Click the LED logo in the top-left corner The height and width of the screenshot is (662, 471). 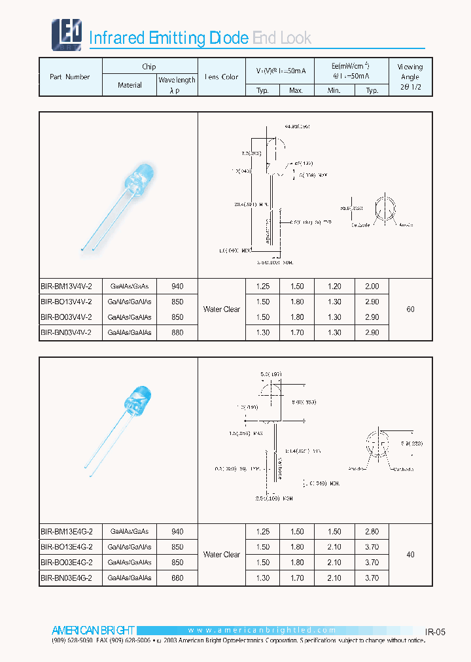point(66,34)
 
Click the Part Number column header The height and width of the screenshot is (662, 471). point(70,77)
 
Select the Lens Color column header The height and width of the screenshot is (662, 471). point(222,77)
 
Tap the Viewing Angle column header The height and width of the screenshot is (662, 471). point(410,77)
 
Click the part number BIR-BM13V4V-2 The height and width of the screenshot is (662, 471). point(66,286)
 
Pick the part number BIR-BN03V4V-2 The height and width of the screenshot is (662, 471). point(66,333)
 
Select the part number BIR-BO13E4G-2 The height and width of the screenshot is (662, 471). point(66,547)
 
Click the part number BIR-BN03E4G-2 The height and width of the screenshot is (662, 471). point(66,578)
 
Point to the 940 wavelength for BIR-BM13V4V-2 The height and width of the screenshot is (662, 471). point(177,286)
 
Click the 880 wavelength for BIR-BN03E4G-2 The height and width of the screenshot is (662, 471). point(177,578)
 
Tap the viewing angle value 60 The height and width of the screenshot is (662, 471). point(410,309)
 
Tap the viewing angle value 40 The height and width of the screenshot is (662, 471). point(410,555)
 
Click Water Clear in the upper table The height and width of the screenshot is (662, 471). point(222,309)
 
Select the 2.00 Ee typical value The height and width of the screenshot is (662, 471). point(372,286)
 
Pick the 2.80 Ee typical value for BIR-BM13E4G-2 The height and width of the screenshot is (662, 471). point(372,532)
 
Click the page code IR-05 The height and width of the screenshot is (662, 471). point(435,632)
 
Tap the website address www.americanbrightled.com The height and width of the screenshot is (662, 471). point(262,631)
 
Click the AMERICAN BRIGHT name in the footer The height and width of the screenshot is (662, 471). point(93,631)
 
